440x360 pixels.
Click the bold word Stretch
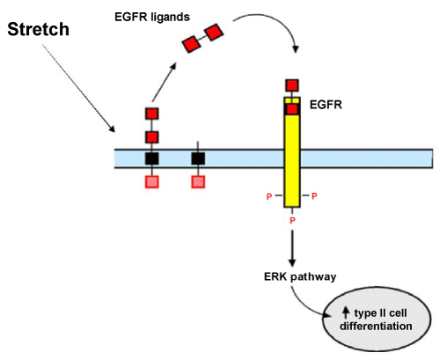point(38,29)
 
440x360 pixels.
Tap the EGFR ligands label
point(152,17)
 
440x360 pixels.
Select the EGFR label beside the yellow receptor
point(326,105)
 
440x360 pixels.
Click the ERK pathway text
point(300,276)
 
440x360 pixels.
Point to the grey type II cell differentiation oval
point(377,320)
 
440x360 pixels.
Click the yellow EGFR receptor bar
point(292,152)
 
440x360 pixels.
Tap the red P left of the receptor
point(269,196)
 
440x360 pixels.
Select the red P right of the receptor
point(314,196)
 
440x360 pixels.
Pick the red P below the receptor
point(292,220)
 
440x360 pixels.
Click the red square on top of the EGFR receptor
point(292,85)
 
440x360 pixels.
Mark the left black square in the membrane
point(152,158)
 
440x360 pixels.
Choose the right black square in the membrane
point(198,158)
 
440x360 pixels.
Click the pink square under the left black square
point(152,181)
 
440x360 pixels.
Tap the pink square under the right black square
point(198,181)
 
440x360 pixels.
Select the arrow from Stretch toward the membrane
point(78,88)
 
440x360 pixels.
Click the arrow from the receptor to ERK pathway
point(292,248)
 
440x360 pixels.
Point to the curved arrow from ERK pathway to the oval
point(305,306)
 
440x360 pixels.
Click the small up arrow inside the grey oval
point(346,312)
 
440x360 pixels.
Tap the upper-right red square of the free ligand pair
point(214,33)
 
